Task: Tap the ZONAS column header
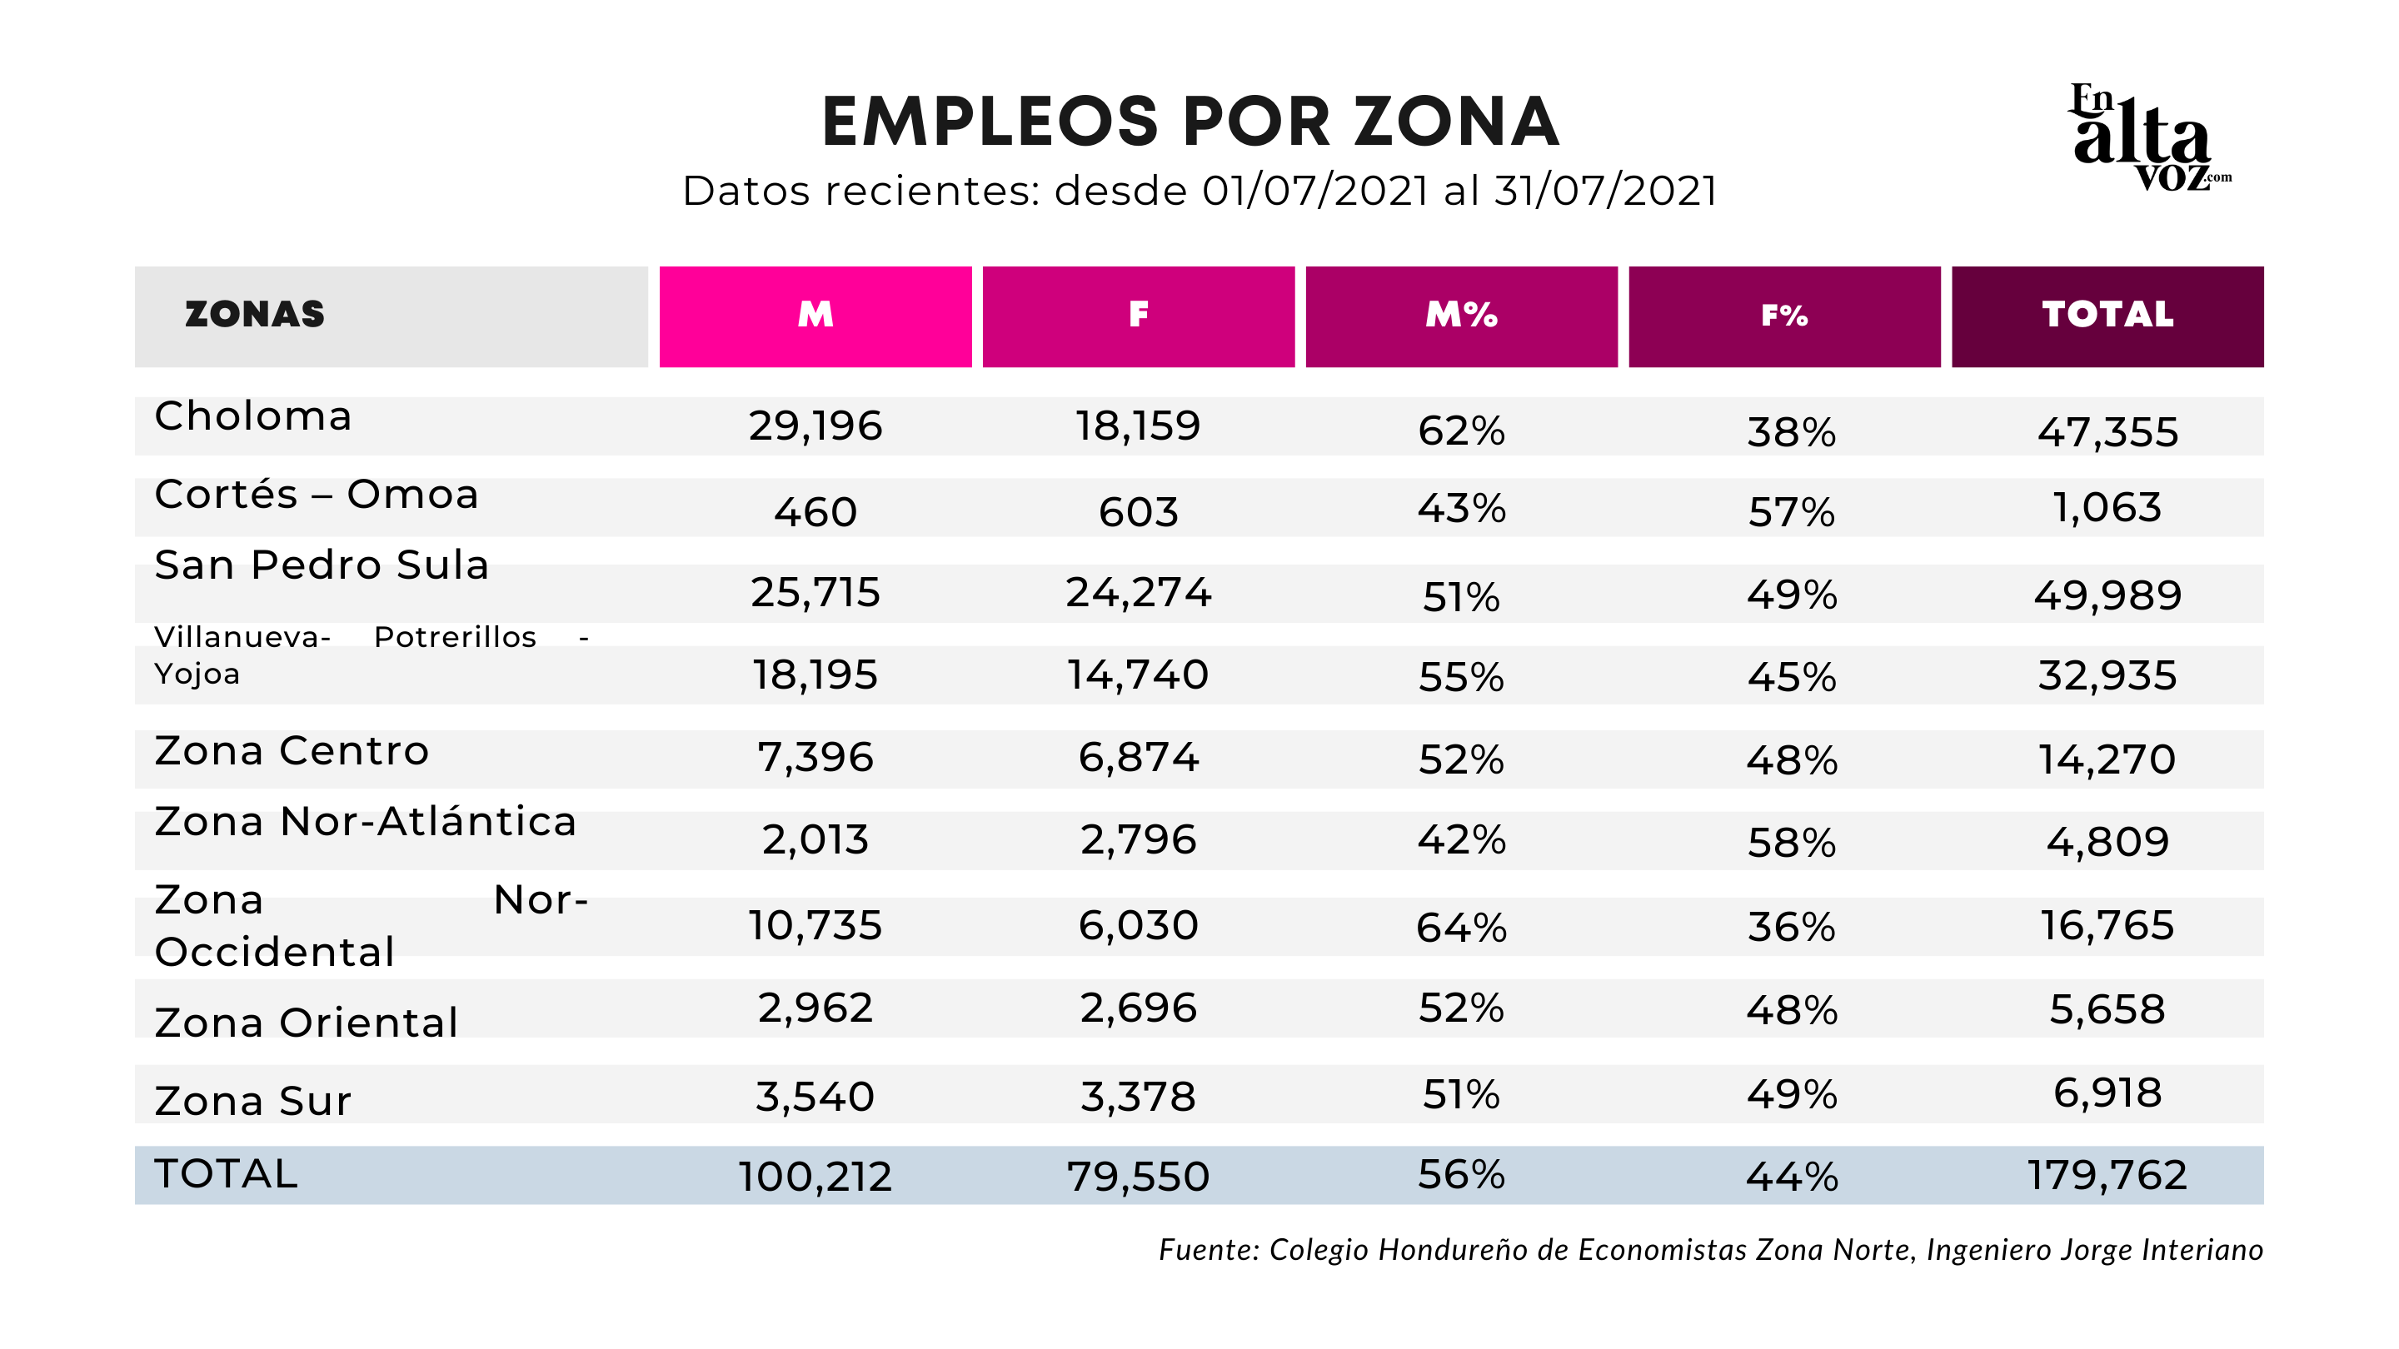(255, 315)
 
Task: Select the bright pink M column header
(815, 316)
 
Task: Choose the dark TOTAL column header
(2107, 316)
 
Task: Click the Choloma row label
(253, 416)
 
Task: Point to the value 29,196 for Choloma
(815, 426)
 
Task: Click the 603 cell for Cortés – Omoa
(1138, 512)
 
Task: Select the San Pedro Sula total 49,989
(2107, 595)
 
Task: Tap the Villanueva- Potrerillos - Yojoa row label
(371, 655)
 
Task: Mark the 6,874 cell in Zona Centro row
(1138, 757)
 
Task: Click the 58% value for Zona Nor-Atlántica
(1791, 843)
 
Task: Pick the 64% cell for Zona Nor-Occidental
(1461, 928)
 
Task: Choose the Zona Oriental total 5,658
(2107, 1009)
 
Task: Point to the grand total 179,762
(2107, 1175)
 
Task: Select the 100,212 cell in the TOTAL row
(815, 1177)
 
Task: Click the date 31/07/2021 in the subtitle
(1605, 191)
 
